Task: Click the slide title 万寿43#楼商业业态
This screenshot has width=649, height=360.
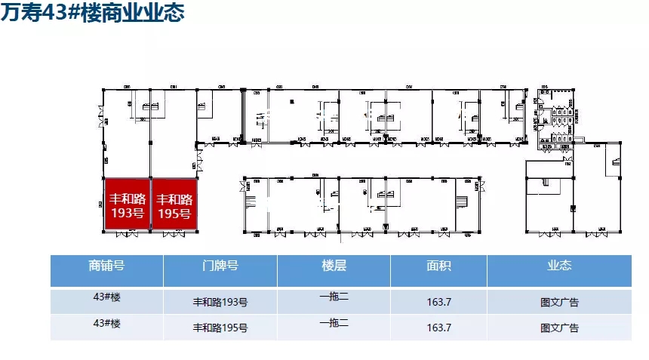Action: coord(91,14)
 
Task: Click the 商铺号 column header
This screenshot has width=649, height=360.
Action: coord(106,266)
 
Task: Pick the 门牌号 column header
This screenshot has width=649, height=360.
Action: coord(220,266)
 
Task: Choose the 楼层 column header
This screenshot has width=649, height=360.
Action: coord(334,266)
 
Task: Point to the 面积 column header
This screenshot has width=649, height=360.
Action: coord(438,266)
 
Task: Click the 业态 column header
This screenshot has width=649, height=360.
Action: coord(559,266)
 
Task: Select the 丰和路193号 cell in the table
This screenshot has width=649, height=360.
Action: coord(220,303)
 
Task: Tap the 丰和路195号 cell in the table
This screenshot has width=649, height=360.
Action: coord(220,328)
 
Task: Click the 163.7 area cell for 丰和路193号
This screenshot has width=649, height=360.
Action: coord(438,303)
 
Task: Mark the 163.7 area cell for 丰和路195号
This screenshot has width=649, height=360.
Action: coord(438,328)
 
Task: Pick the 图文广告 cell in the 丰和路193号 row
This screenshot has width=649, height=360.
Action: coord(559,303)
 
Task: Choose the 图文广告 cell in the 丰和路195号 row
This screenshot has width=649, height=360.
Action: coord(559,328)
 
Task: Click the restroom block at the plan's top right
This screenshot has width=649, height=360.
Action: coord(557,117)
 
